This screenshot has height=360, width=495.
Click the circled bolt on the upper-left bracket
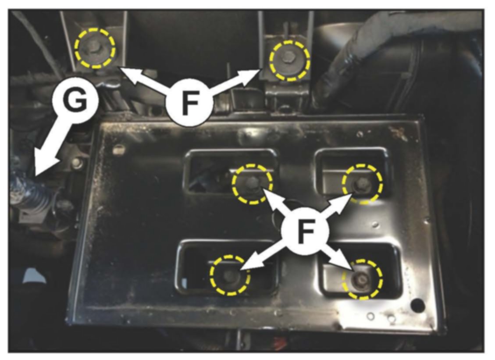(x=94, y=48)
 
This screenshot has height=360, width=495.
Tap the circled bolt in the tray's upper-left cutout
(x=252, y=183)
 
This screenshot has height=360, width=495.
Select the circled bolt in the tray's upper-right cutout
(x=362, y=183)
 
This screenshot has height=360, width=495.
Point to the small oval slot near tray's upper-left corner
(x=118, y=150)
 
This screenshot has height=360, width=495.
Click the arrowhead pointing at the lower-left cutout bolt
(x=249, y=266)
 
